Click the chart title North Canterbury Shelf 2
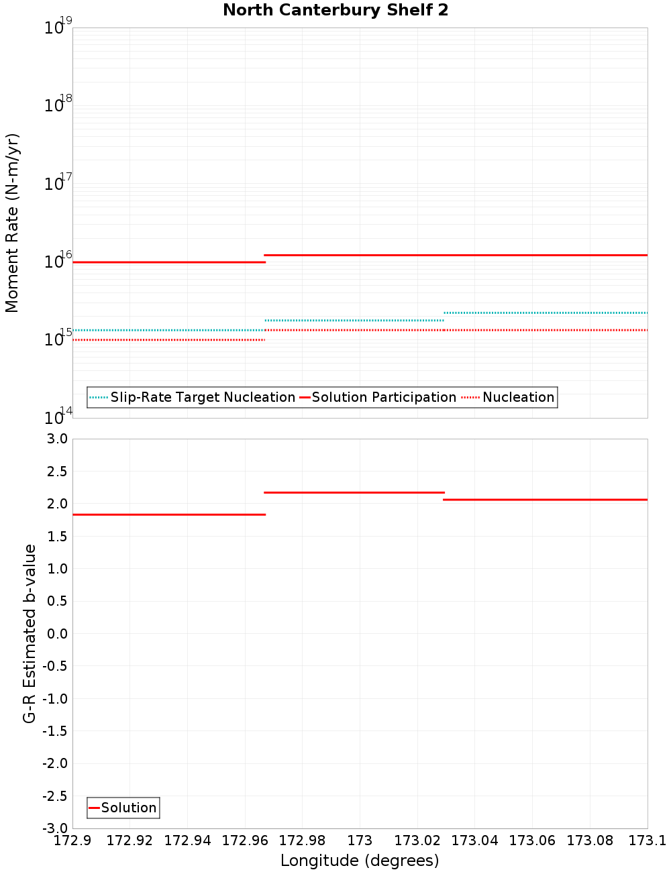point(335,11)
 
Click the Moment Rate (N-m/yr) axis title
point(12,223)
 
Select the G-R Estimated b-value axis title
point(30,633)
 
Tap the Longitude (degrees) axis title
point(360,861)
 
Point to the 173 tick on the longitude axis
point(360,840)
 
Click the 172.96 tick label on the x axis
point(245,840)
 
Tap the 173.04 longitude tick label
point(475,840)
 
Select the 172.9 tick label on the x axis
point(72,840)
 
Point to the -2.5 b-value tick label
point(54,796)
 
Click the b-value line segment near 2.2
point(354,492)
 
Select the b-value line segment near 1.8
point(169,514)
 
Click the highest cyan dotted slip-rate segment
point(546,313)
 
